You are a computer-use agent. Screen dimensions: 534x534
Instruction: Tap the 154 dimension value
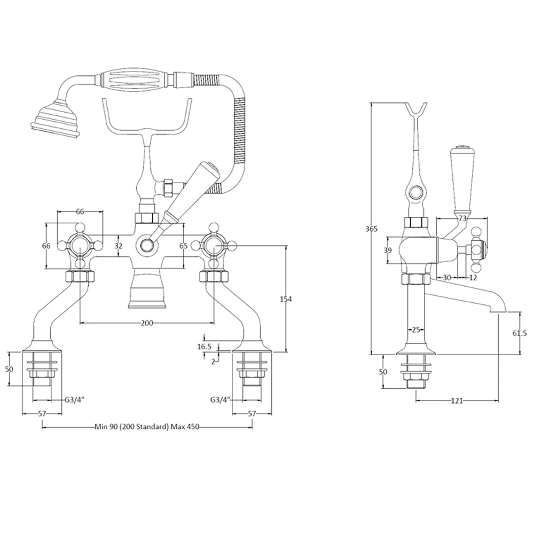pyautogui.click(x=286, y=300)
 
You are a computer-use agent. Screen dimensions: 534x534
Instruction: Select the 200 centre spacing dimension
pyautogui.click(x=147, y=323)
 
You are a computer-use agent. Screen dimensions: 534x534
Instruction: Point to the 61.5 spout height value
pyautogui.click(x=519, y=333)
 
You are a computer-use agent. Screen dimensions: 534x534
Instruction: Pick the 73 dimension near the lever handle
pyautogui.click(x=462, y=218)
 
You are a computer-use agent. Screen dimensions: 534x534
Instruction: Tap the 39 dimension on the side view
pyautogui.click(x=388, y=250)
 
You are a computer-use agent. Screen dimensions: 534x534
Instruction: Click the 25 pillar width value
pyautogui.click(x=417, y=329)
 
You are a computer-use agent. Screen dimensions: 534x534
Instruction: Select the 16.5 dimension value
pyautogui.click(x=205, y=346)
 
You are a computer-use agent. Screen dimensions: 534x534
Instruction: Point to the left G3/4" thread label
pyautogui.click(x=75, y=399)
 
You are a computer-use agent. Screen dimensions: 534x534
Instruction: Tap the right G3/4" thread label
pyautogui.click(x=220, y=399)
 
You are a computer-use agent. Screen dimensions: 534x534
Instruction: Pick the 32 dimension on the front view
pyautogui.click(x=119, y=246)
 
